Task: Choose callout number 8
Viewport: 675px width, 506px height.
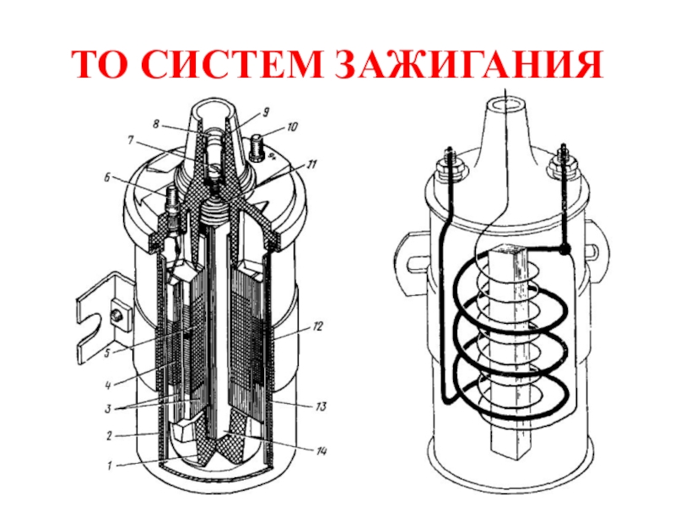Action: (155, 123)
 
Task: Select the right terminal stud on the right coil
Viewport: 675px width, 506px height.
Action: (559, 160)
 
